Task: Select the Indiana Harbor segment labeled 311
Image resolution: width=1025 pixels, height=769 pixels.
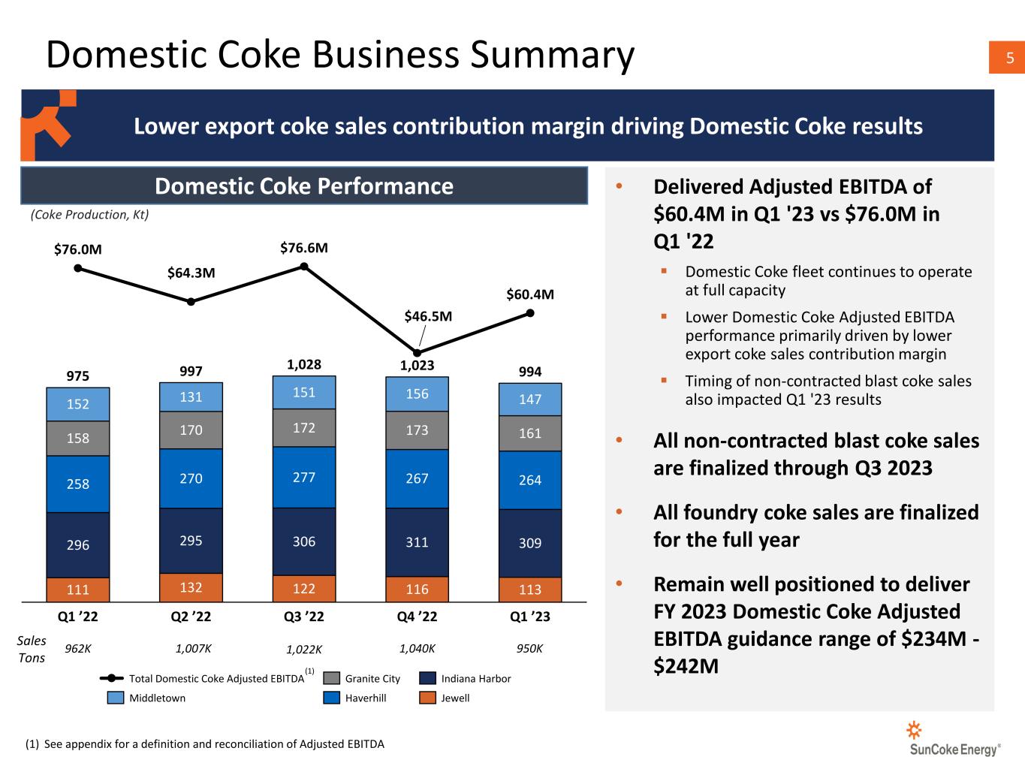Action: point(417,541)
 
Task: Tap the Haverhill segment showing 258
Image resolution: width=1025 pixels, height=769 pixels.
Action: point(78,484)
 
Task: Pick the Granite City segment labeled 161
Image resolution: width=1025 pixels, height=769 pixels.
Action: point(530,433)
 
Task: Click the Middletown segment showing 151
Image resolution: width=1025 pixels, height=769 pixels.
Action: point(304,392)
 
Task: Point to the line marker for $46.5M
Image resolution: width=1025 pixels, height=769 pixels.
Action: point(418,352)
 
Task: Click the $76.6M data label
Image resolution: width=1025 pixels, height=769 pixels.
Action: point(304,248)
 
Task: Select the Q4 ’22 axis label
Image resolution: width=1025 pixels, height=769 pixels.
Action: point(417,617)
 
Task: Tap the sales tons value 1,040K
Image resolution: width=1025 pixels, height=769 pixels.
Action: point(417,648)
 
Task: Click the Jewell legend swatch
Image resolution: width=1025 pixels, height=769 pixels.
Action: point(427,698)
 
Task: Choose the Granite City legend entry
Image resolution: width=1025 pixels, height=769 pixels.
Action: point(362,678)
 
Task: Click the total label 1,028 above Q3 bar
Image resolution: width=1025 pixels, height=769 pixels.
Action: point(304,365)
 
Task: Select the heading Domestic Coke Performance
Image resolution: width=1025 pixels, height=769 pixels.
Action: point(303,186)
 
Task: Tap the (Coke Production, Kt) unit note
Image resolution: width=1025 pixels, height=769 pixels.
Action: point(89,215)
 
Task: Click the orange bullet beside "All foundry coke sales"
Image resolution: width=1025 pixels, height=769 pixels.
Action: point(619,512)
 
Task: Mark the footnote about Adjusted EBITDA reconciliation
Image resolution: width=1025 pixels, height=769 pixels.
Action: point(205,744)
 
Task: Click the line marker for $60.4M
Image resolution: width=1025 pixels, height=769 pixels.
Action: point(530,313)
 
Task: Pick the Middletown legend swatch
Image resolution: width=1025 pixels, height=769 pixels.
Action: point(115,698)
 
